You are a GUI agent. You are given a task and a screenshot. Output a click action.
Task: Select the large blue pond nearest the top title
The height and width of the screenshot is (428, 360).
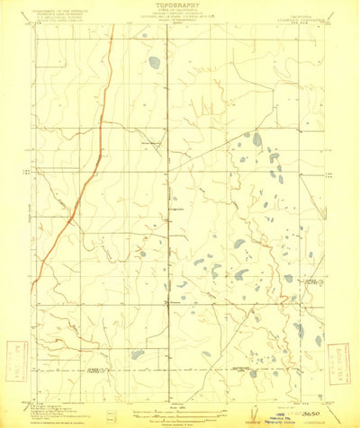click(156, 63)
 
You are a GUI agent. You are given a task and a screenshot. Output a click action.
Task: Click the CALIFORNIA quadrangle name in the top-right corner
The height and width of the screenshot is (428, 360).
click(310, 11)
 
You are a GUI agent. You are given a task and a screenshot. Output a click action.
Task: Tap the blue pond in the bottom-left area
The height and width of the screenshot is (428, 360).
click(136, 354)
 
